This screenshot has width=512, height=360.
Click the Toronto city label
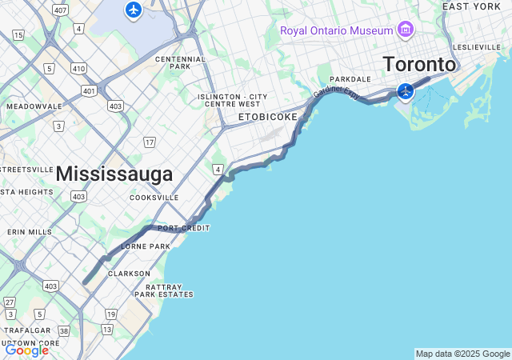[x=419, y=64]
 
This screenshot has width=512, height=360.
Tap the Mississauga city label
[x=114, y=174]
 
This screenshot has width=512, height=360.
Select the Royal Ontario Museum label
[x=336, y=30]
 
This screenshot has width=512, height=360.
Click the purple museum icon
[x=406, y=30]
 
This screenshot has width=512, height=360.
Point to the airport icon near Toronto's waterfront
[x=406, y=91]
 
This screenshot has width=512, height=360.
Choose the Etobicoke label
[x=268, y=117]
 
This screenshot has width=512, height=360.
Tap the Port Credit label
[x=183, y=228]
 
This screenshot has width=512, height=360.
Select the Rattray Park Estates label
[x=163, y=290]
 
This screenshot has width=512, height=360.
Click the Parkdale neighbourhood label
[x=350, y=79]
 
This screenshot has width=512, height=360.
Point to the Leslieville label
[x=477, y=47]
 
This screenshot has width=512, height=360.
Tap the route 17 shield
[x=149, y=142]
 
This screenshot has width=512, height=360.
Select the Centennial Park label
[x=181, y=62]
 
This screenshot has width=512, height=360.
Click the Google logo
[x=26, y=350]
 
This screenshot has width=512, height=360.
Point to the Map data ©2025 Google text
[x=462, y=354]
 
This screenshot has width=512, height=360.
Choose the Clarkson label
[x=130, y=273]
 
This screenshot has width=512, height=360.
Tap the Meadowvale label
[x=34, y=106]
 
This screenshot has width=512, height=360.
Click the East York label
[x=471, y=6]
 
